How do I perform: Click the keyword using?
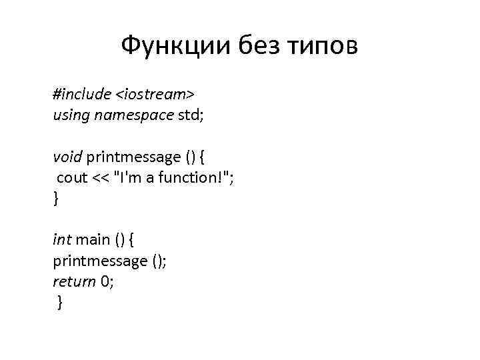click(71, 115)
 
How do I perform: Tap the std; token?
click(191, 115)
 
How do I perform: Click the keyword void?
click(67, 157)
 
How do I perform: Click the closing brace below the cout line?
click(56, 199)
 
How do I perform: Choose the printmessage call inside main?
click(100, 261)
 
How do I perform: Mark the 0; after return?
click(107, 281)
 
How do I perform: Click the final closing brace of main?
click(60, 303)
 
